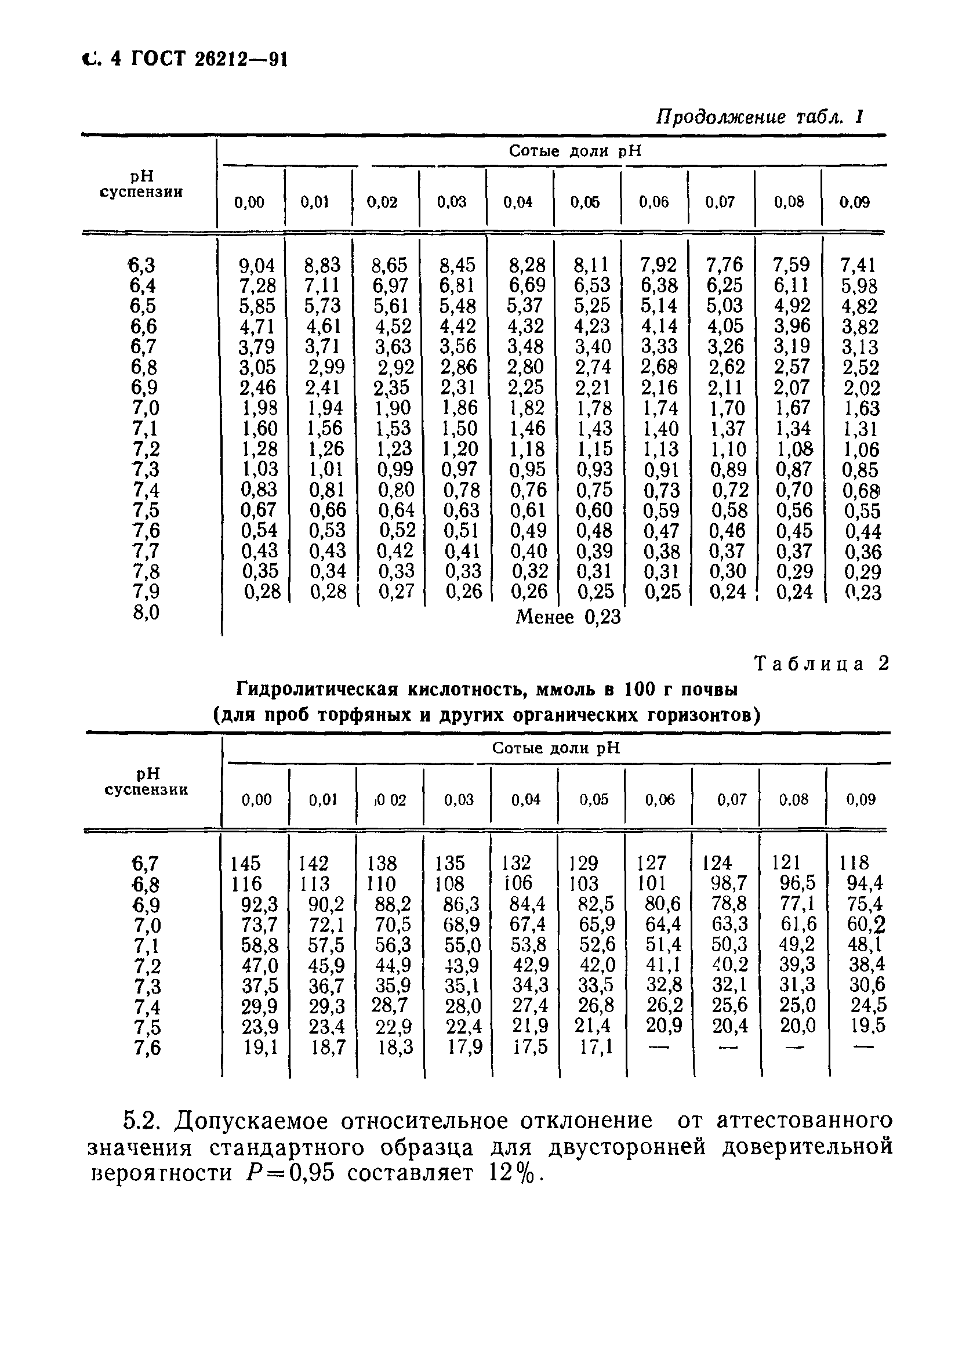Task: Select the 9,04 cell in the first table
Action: coord(257,265)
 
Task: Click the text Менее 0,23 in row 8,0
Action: coord(568,617)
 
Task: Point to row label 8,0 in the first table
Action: coord(146,613)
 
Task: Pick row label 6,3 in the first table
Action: coord(143,265)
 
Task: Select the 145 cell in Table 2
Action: coord(246,863)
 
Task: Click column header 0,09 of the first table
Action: coord(854,202)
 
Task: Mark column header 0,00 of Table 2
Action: coord(256,800)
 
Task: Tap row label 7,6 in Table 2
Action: coord(147,1047)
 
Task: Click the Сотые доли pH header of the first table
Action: coord(575,151)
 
